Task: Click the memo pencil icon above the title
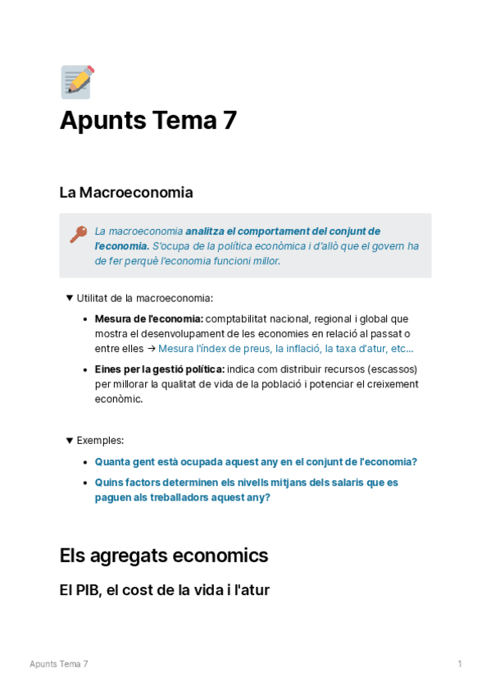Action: pos(78,82)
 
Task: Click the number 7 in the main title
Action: pos(230,121)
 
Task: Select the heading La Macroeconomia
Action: pos(126,193)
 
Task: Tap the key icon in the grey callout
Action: pos(78,234)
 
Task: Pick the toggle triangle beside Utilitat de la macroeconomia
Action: pos(70,298)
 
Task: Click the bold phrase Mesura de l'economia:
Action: pos(148,318)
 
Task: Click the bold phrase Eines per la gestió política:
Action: pos(159,369)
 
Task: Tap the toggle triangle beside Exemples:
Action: pos(70,440)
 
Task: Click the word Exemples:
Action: pos(100,441)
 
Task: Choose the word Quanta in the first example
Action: pos(112,462)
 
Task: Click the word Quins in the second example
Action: pos(109,483)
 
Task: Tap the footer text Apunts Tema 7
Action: pos(59,664)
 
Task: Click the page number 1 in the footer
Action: pos(460,664)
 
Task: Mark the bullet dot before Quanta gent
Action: pos(86,462)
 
